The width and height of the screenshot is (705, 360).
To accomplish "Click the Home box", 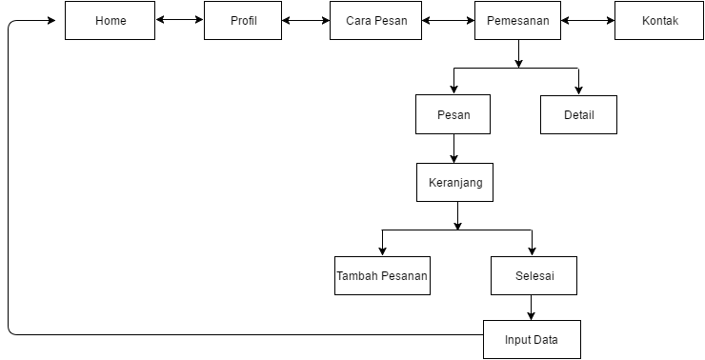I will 110,20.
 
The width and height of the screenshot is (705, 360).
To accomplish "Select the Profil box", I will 243,20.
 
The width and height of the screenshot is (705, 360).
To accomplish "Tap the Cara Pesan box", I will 375,20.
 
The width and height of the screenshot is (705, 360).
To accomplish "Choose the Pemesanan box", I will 517,20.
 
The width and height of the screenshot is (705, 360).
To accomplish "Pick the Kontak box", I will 659,20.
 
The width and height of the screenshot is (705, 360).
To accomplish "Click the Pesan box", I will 453,114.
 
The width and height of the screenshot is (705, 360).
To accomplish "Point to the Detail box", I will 578,114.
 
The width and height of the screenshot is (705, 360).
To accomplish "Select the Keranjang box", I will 454,182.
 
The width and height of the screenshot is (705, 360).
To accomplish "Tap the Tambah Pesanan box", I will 382,276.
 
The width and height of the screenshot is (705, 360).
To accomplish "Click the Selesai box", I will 534,276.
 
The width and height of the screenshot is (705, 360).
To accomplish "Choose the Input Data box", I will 531,339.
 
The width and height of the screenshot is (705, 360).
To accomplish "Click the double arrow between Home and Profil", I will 179,20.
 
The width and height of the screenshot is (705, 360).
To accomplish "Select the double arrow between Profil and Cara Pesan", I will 306,20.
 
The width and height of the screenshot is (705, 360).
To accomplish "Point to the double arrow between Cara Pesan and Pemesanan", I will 448,20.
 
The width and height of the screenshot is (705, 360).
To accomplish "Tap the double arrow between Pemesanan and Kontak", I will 588,20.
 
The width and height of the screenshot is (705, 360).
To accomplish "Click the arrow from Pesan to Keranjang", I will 453,149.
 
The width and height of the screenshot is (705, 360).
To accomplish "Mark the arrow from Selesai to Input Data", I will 532,308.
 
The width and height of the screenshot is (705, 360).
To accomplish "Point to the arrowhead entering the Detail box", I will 578,91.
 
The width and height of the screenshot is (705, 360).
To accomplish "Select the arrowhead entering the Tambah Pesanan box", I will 382,251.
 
